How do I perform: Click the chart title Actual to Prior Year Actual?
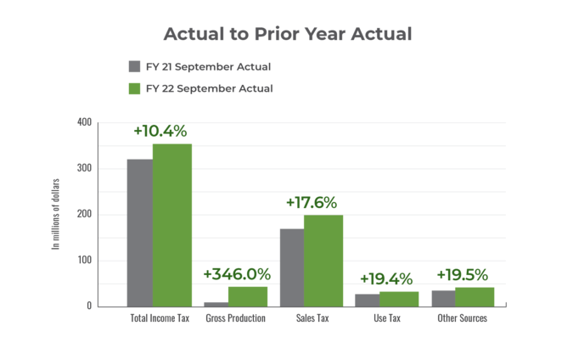[x=287, y=35]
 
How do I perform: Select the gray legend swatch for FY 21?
[x=133, y=67]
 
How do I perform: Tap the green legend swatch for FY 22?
[x=133, y=88]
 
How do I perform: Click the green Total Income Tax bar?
[x=171, y=225]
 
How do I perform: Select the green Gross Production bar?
[x=248, y=296]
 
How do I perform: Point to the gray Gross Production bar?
[x=216, y=303]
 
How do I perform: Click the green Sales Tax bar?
[x=323, y=260]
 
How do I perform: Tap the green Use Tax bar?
[x=399, y=298]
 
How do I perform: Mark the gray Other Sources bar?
[x=443, y=298]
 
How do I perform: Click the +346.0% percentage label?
[x=237, y=274]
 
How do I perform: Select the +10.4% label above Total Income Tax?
[x=160, y=131]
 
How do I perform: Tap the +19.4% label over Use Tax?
[x=386, y=278]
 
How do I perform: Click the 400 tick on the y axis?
[x=84, y=122]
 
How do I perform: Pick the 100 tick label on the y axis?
[x=84, y=260]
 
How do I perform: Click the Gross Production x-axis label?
[x=237, y=318]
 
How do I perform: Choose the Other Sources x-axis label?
[x=463, y=318]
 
